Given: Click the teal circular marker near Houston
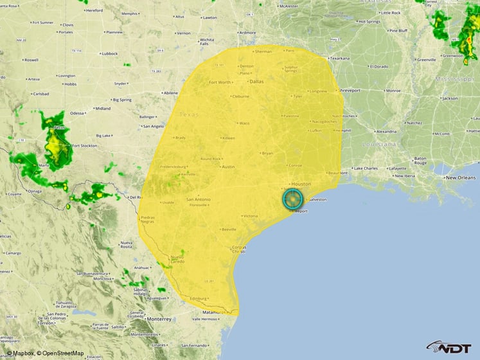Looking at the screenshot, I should coord(292,199).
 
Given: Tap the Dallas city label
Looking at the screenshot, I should coord(257,82).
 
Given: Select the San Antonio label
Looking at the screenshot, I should coord(198,199).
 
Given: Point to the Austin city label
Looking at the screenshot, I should coord(228,166).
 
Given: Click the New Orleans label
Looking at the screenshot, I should coord(460,177).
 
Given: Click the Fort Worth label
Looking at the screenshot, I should coord(220,82).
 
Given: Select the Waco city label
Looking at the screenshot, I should coord(244,123).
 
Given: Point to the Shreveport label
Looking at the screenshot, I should coord(351,91).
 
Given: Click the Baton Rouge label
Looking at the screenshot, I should coord(421,160).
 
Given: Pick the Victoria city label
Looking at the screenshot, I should coord(251,216).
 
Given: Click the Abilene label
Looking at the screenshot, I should coord(170,93).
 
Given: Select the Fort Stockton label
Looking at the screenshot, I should coord(85,146).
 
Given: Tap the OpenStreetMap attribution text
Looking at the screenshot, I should coord(60,354).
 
